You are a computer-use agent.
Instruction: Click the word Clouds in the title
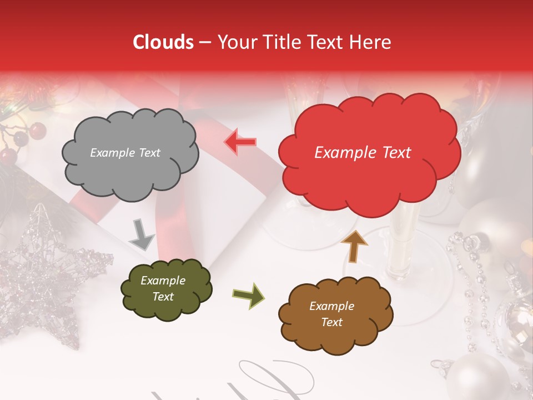pos(163,42)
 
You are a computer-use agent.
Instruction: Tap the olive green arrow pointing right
pos(248,295)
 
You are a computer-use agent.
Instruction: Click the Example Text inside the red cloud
pos(363,153)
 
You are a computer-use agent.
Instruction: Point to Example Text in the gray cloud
pos(125,153)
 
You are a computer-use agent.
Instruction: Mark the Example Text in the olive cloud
pos(163,289)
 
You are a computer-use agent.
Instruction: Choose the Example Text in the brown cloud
pos(331,314)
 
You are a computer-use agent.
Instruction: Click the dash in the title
pos(205,42)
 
